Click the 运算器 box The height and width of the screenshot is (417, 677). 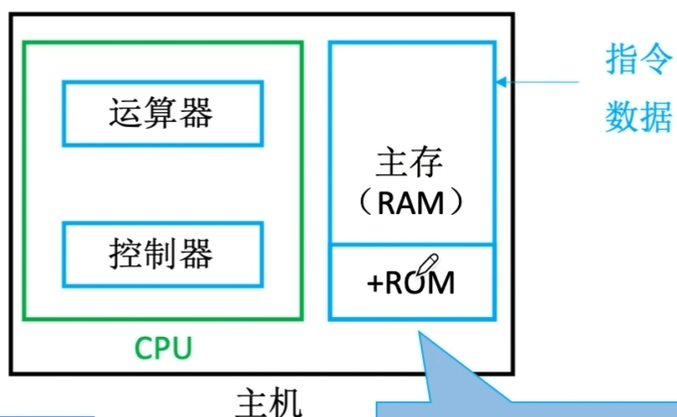pyautogui.click(x=163, y=113)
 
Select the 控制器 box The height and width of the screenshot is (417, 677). pyautogui.click(x=163, y=255)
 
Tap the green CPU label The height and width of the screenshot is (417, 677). pyautogui.click(x=163, y=349)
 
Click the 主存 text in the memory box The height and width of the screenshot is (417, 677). pyautogui.click(x=410, y=162)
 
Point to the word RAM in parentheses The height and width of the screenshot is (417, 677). pyautogui.click(x=410, y=203)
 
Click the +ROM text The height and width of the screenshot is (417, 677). pyautogui.click(x=410, y=282)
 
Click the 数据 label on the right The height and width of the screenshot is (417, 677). pyautogui.click(x=639, y=118)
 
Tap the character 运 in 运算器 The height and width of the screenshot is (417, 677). pyautogui.click(x=125, y=113)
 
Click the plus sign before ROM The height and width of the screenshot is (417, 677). pyautogui.click(x=376, y=283)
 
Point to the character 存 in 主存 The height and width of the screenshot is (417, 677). pyautogui.click(x=428, y=162)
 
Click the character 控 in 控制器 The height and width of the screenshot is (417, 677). pyautogui.click(x=125, y=255)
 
